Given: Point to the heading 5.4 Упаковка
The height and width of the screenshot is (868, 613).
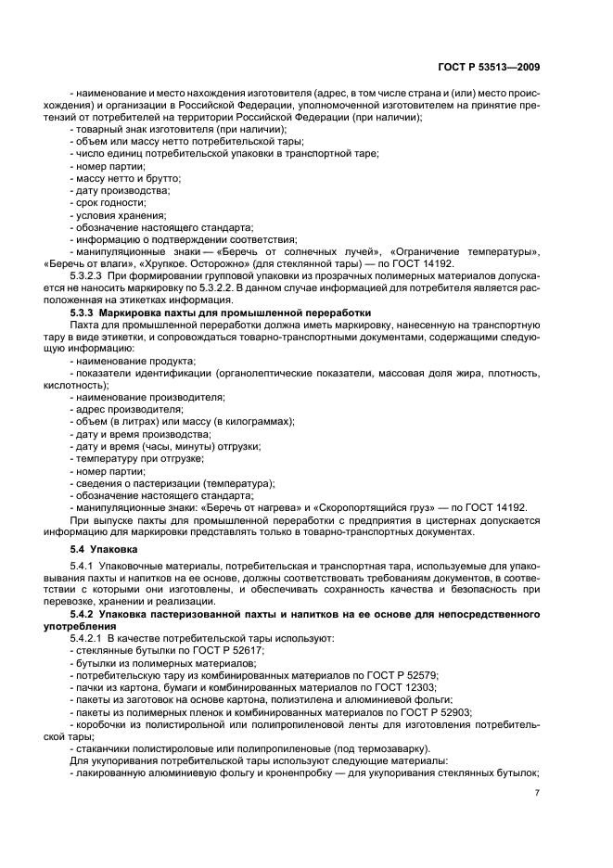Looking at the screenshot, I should pyautogui.click(x=103, y=550).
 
